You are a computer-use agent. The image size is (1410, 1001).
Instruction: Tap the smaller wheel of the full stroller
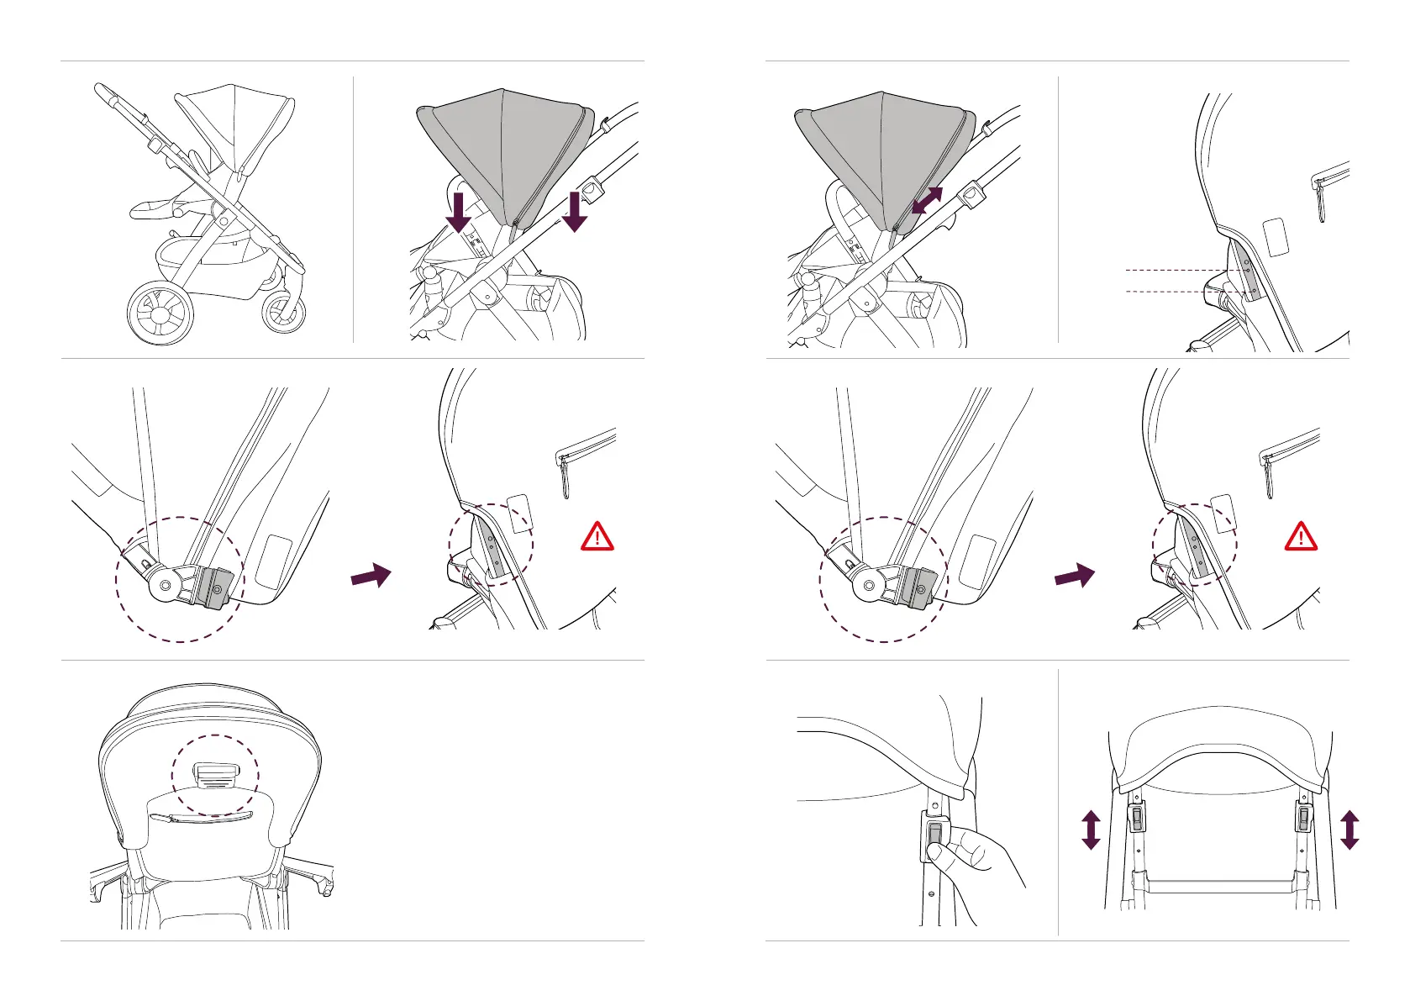[x=283, y=313]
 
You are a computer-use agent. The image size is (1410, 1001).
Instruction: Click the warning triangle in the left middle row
[x=597, y=536]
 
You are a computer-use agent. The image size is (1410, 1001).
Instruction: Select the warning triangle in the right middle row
[x=1301, y=536]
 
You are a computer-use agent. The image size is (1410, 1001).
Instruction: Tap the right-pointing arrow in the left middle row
[x=371, y=577]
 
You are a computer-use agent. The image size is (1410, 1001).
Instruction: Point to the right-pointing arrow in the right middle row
[x=1075, y=577]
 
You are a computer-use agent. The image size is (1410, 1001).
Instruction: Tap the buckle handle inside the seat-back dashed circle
[x=216, y=774]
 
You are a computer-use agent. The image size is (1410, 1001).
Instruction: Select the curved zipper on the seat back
[x=201, y=818]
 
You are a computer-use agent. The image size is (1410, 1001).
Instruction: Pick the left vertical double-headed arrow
[x=1091, y=830]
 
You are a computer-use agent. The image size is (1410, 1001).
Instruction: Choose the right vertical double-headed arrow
[x=1349, y=830]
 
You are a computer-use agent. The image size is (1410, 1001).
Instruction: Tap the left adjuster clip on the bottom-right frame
[x=1137, y=816]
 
